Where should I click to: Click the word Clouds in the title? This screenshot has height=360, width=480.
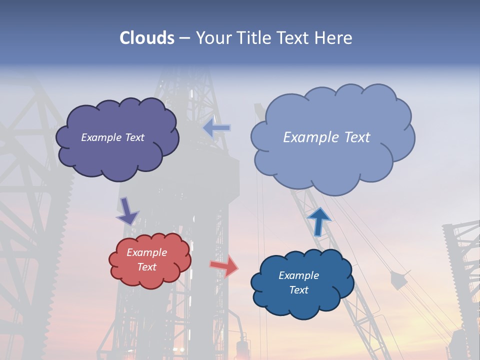147,38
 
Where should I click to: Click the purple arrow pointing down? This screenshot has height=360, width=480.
127,210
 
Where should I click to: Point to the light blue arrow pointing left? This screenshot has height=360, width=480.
216,128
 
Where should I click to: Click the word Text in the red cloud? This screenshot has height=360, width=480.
147,267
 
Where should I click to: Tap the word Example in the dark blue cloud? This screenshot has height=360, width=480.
298,275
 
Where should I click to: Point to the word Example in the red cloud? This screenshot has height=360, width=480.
146,252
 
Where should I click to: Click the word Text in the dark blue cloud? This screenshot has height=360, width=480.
298,290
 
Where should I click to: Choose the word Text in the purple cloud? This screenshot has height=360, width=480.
133,137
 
